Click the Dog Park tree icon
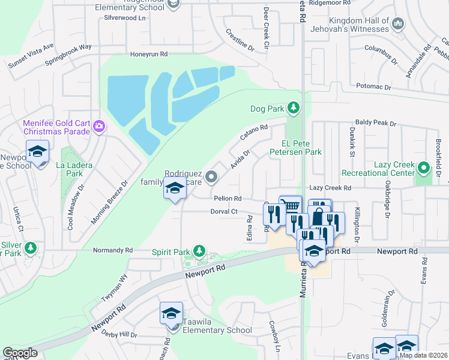coord(293,109)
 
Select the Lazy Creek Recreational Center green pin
coord(424,168)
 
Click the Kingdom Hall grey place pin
coord(397,24)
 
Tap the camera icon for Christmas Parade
coord(100,126)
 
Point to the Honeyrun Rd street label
coord(149,54)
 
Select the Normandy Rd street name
coord(113,250)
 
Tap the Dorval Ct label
coord(224,211)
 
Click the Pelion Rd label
coord(228,198)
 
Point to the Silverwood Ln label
coord(125,18)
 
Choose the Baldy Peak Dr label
coord(376,123)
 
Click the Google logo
coord(20,353)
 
